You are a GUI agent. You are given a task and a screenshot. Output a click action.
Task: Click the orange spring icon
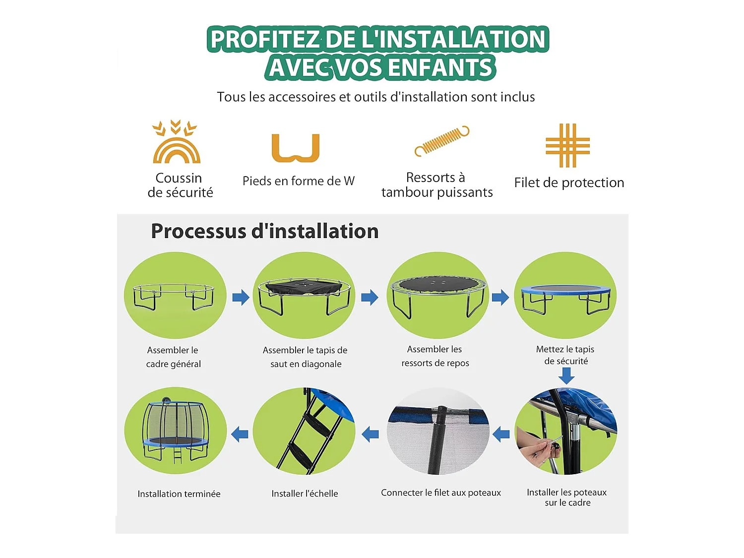tap(441, 140)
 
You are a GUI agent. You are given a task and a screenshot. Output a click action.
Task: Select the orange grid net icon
tap(567, 145)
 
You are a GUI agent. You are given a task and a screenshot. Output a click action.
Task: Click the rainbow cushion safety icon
tap(176, 141)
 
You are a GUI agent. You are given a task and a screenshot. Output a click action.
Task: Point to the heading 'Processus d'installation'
tap(265, 231)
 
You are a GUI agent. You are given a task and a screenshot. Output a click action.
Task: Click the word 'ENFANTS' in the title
tap(440, 67)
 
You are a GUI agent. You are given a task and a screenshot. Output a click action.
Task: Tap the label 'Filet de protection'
tap(569, 183)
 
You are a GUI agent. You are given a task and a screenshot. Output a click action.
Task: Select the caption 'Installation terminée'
tap(179, 494)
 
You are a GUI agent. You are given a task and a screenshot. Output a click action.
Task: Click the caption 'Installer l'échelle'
tap(305, 494)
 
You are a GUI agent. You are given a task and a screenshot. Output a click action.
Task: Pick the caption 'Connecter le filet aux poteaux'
tap(441, 493)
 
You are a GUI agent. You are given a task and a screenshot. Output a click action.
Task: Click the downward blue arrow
tap(566, 376)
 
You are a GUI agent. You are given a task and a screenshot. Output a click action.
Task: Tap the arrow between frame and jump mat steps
tap(241, 297)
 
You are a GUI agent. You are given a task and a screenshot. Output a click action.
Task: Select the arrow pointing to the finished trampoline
tap(240, 434)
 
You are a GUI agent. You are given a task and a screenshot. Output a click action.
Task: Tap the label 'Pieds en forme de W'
tap(299, 181)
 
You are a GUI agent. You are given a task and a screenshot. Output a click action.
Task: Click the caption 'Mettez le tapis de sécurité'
tap(566, 355)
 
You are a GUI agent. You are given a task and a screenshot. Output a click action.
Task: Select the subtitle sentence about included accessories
tap(376, 97)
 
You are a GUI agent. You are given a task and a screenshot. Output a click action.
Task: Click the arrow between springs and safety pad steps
tap(500, 298)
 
